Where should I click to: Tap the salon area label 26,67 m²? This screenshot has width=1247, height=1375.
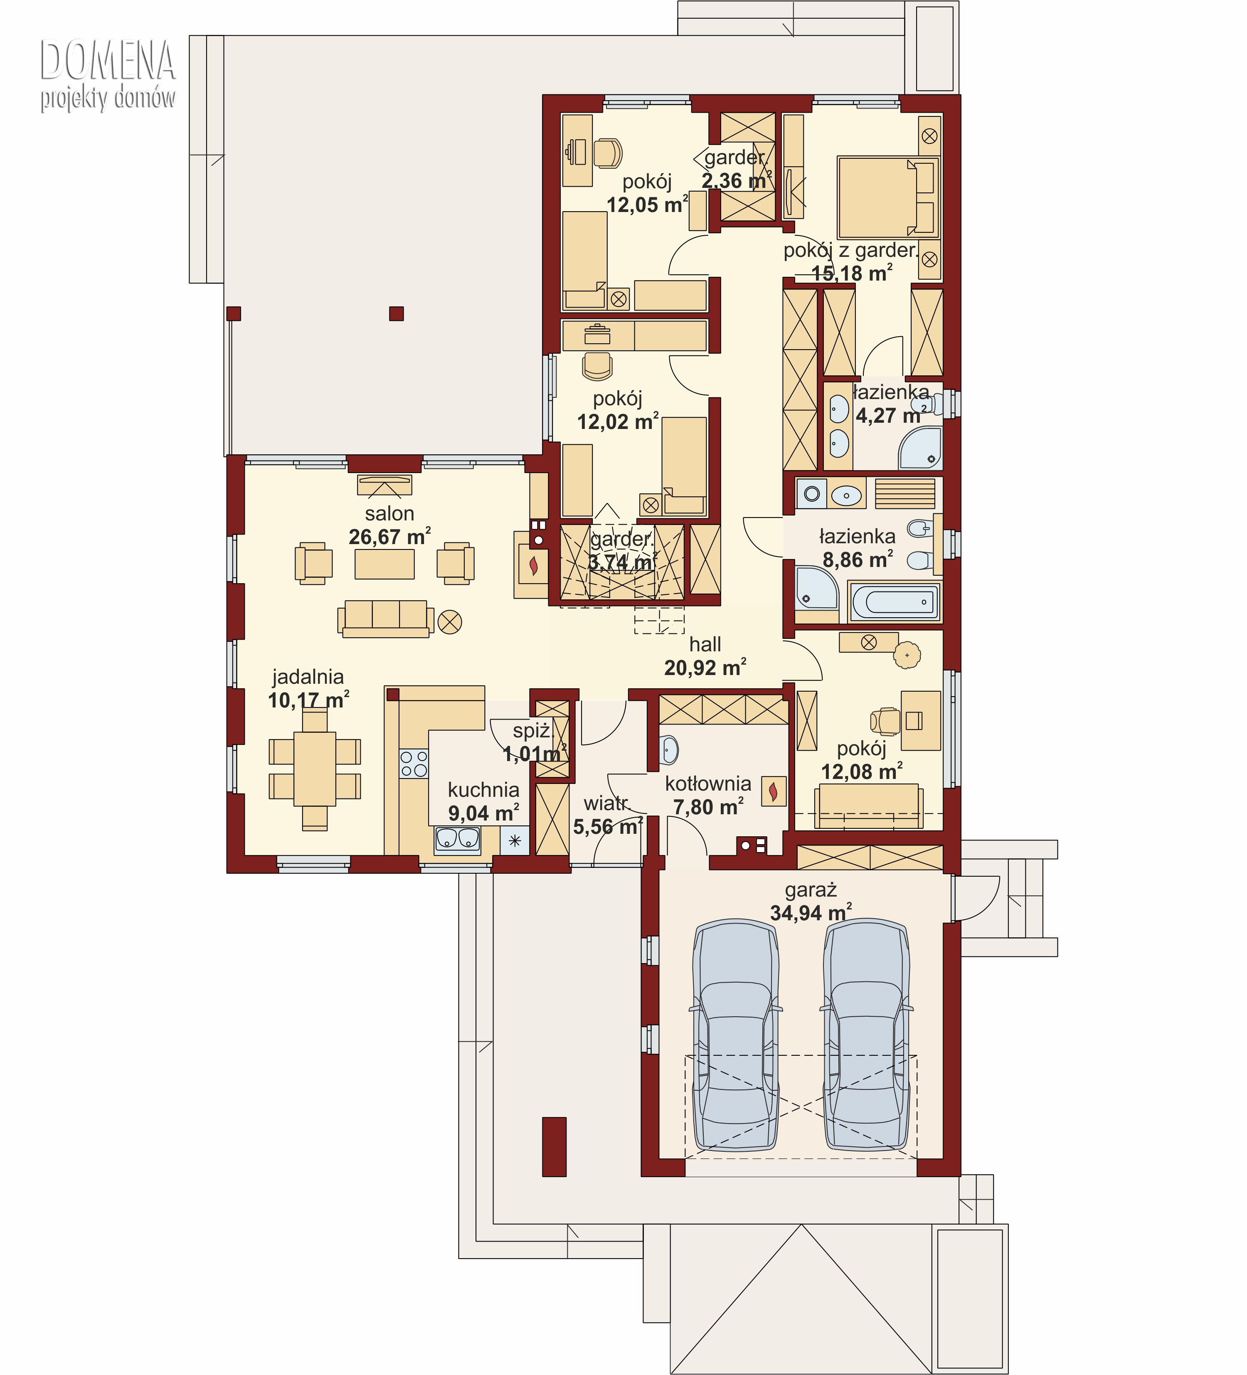tap(389, 537)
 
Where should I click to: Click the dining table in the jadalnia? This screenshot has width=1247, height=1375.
tap(315, 769)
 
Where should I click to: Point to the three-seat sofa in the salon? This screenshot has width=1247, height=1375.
tap(385, 619)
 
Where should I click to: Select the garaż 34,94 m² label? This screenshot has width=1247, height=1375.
tap(811, 901)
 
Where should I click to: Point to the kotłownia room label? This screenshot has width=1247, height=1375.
tap(708, 784)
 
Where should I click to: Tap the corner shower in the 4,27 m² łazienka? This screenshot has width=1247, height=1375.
tap(921, 448)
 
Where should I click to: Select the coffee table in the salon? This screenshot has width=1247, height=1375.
tap(385, 564)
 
